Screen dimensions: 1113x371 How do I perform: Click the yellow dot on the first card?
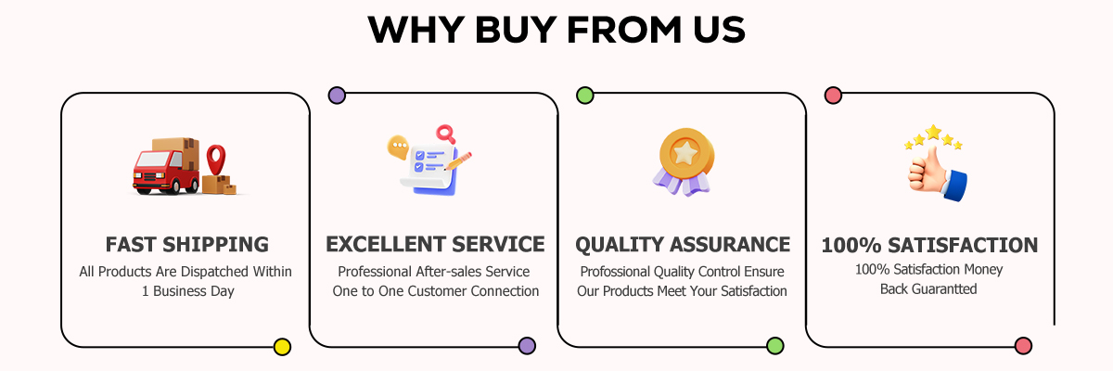[x=282, y=347]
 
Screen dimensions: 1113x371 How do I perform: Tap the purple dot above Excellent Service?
[x=337, y=95]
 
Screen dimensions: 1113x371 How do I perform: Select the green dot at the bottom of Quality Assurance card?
[x=775, y=346]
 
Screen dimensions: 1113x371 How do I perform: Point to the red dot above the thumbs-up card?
[x=833, y=95]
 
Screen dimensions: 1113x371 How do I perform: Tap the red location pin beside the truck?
[x=216, y=159]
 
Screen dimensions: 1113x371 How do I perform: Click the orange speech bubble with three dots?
[x=398, y=147]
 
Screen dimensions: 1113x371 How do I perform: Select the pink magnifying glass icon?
[x=446, y=134]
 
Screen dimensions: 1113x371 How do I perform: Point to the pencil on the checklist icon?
[x=458, y=160]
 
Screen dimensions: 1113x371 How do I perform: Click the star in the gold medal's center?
[x=685, y=153]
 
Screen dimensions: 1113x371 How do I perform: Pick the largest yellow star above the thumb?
[x=934, y=132]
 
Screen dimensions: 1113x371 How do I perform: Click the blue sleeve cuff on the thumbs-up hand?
[x=956, y=185]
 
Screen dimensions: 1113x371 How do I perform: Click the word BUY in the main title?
[x=516, y=30]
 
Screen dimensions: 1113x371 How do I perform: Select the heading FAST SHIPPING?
[x=187, y=244]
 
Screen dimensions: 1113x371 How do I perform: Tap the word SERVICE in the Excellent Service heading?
[x=498, y=244]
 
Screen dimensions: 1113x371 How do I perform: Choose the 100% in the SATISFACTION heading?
[x=851, y=246]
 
